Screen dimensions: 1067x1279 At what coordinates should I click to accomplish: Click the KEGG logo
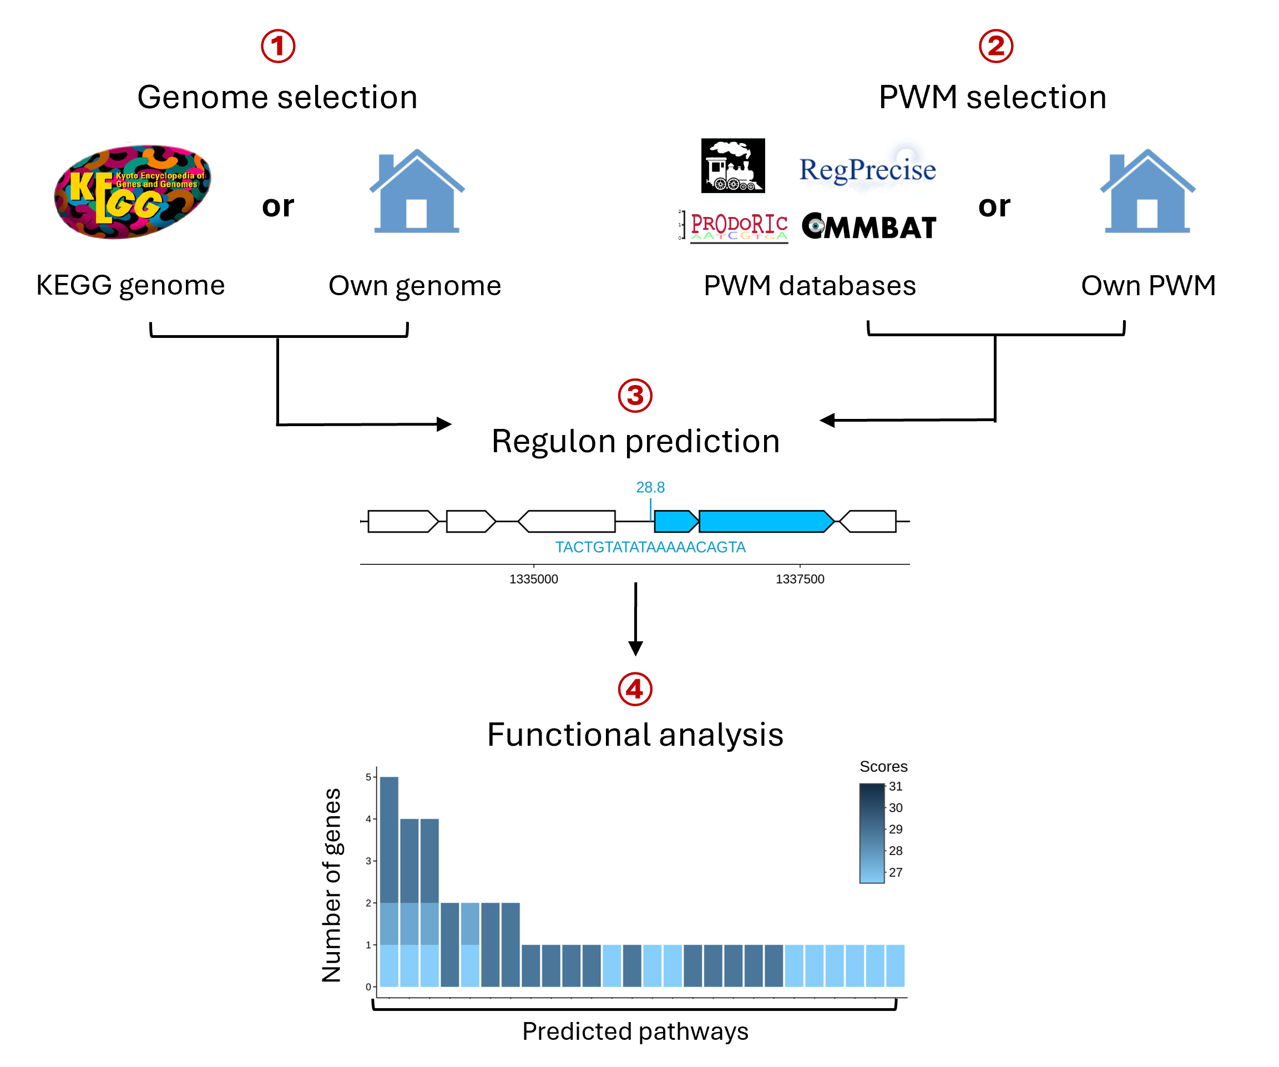tap(133, 191)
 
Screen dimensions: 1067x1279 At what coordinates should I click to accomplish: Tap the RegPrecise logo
tap(867, 170)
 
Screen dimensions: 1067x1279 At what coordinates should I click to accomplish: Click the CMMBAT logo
tap(869, 227)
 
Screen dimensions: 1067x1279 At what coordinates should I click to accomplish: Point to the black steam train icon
tap(732, 166)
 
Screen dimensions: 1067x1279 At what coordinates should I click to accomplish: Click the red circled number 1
tap(279, 46)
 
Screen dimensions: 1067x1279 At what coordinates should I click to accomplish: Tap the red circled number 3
tap(635, 396)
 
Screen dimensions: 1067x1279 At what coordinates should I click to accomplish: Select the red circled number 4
tap(635, 689)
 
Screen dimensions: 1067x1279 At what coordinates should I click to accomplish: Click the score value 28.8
tap(650, 487)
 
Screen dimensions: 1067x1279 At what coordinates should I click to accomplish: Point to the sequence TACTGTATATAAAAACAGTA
tap(650, 547)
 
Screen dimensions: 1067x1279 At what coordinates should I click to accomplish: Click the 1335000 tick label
tap(534, 579)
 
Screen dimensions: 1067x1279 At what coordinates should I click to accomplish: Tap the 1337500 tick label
tap(800, 579)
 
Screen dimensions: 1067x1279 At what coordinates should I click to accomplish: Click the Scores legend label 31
tap(896, 786)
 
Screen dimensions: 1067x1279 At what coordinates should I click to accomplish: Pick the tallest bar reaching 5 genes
tap(389, 881)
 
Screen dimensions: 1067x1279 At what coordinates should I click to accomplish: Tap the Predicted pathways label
tap(635, 1031)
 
